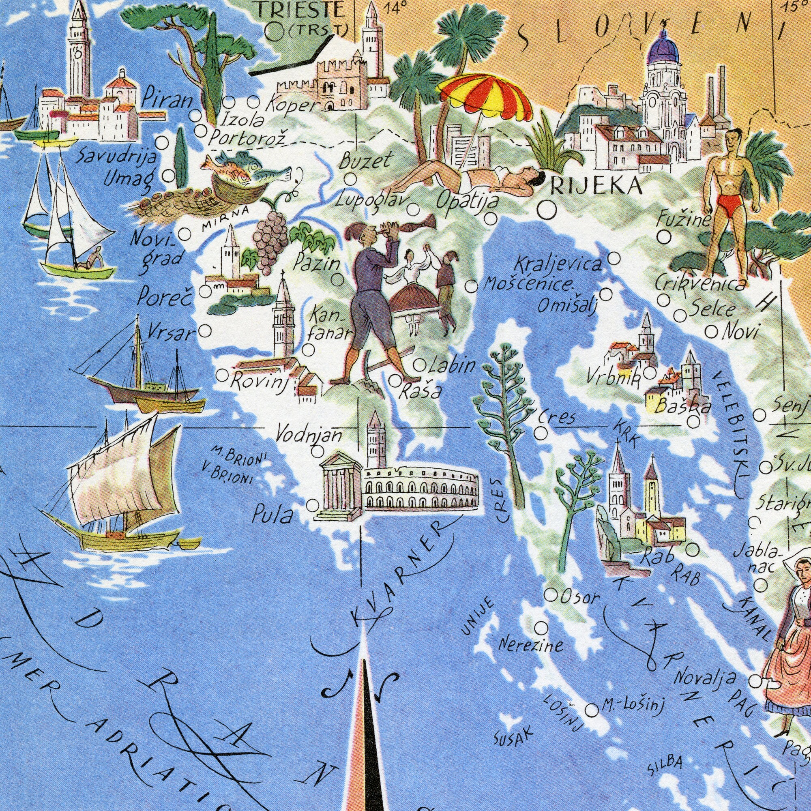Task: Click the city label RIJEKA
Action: click(x=596, y=185)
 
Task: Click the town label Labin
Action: click(x=452, y=367)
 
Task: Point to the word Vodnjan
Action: click(x=309, y=434)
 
